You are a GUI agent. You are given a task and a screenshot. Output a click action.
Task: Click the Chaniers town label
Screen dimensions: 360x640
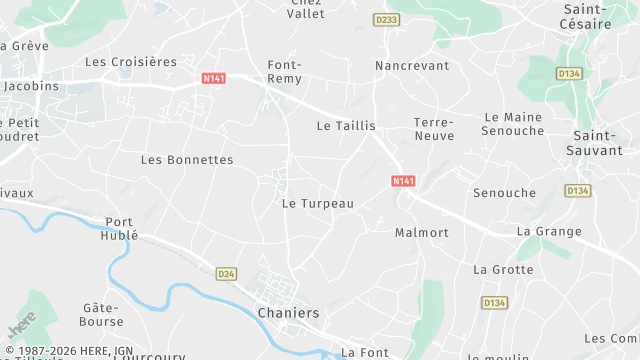point(288,313)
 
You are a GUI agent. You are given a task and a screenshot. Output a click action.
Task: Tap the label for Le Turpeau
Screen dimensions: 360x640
point(318,203)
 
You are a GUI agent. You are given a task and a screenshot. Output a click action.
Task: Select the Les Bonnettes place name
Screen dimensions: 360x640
point(187,160)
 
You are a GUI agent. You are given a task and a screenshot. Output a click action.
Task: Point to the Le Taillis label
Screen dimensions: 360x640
point(346,126)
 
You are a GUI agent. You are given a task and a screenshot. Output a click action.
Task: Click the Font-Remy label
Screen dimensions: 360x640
point(285,71)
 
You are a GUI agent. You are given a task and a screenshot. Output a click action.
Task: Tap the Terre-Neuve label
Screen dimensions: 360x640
point(434,129)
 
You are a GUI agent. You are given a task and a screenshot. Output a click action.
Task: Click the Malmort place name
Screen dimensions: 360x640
point(421,233)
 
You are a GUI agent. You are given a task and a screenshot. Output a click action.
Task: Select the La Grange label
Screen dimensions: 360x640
point(549,232)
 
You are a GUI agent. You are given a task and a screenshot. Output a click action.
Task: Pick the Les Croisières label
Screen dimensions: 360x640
point(131,62)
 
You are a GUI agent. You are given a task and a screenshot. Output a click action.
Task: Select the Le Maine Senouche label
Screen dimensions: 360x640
point(512,124)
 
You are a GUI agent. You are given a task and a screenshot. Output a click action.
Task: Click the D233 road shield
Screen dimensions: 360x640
point(385,20)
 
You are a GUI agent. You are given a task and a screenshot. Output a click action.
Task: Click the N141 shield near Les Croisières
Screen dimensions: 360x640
point(213,78)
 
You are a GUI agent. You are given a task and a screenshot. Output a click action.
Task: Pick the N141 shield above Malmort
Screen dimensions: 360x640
point(403,181)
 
